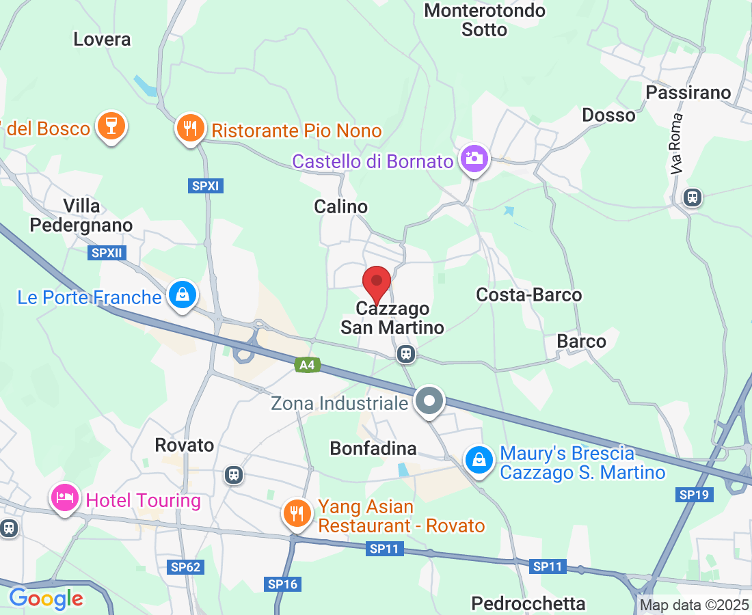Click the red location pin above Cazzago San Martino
point(376,282)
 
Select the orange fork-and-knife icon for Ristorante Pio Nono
point(191,128)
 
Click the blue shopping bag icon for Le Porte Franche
point(183,295)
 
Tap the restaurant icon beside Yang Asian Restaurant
point(296,512)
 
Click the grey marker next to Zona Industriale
point(429,401)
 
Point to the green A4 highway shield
point(308,365)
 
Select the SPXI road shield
point(205,186)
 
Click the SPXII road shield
point(106,253)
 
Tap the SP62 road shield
point(185,566)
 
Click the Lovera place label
point(102,39)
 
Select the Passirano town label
point(688,92)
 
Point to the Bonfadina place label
point(373,448)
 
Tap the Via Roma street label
point(677,143)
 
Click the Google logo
point(46,599)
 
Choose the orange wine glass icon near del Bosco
point(109,125)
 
